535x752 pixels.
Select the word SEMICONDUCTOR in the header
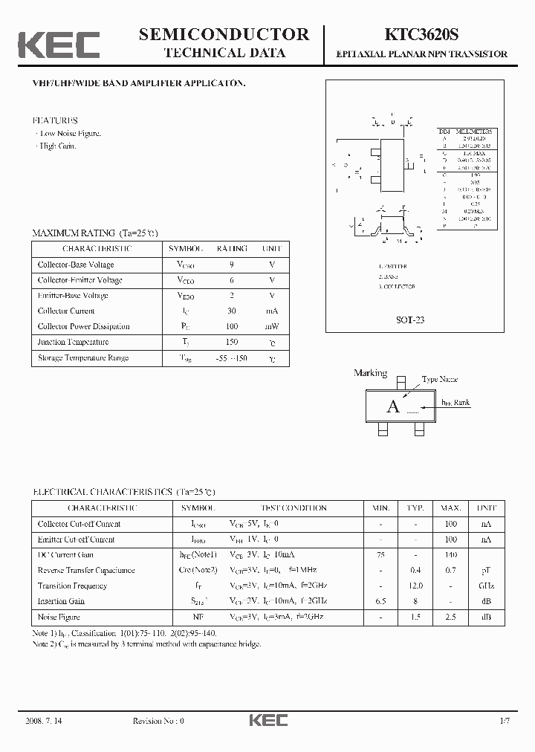(x=224, y=34)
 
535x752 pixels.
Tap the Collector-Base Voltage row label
(x=76, y=265)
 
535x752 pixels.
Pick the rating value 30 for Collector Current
(x=232, y=311)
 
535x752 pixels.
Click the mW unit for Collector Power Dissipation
(x=272, y=326)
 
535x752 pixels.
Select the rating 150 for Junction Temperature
(x=232, y=342)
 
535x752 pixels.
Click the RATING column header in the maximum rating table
(x=232, y=249)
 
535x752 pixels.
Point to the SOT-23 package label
(x=411, y=320)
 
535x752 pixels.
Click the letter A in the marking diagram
(x=393, y=406)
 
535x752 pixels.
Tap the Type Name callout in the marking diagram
(x=439, y=380)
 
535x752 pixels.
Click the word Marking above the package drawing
(x=371, y=373)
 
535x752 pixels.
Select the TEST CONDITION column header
(x=294, y=508)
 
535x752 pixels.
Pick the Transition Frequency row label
(x=73, y=586)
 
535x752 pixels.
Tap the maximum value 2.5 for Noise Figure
(x=451, y=618)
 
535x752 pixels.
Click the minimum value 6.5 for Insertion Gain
(x=380, y=601)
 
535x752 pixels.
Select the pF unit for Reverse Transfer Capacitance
(x=486, y=570)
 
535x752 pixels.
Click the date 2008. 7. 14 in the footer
(x=49, y=721)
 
